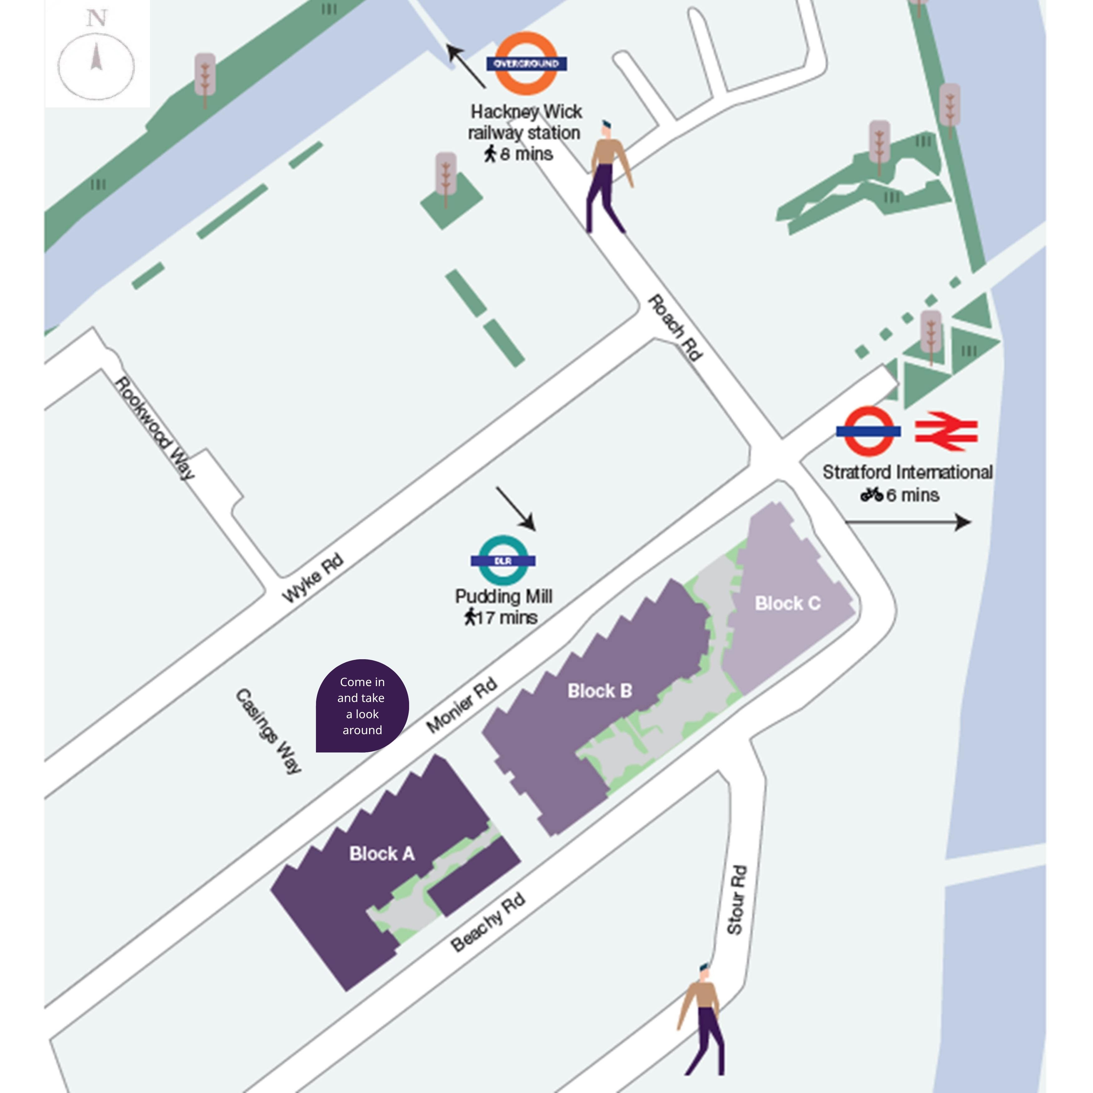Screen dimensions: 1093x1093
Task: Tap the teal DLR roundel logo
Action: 503,560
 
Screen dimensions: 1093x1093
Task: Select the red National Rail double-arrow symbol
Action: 946,431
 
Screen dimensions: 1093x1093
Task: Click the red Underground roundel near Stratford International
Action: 868,431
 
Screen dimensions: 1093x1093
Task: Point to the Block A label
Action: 382,854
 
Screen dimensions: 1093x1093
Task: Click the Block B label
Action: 600,691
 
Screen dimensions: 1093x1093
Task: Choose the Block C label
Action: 788,604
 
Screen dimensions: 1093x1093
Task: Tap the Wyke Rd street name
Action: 313,578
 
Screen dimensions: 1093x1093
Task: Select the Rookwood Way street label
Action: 155,428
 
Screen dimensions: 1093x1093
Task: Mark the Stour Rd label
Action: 737,899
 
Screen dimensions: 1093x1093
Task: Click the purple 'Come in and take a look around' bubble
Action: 362,706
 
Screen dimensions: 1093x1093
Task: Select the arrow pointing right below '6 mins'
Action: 908,522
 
